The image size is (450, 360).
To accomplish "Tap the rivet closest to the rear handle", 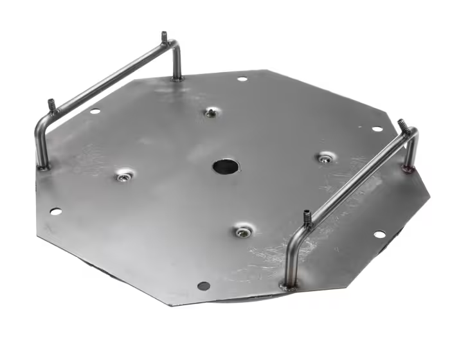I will [212, 113].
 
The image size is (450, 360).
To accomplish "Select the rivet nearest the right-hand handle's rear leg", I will [326, 157].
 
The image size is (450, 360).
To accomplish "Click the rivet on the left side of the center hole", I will [123, 175].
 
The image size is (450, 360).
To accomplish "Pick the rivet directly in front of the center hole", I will [242, 231].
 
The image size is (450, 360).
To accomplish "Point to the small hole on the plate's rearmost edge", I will [242, 79].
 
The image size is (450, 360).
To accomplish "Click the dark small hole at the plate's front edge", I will [203, 285].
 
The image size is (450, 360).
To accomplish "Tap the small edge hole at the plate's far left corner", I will [55, 212].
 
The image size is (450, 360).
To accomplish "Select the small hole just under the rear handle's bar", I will [95, 111].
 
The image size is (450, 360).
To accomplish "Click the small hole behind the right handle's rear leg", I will [377, 129].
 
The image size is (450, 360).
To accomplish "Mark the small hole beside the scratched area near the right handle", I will [379, 234].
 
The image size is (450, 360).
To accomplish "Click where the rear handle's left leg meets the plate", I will [43, 166].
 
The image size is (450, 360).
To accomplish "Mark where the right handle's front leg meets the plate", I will [288, 285].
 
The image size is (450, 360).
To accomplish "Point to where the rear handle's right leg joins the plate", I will [177, 78].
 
